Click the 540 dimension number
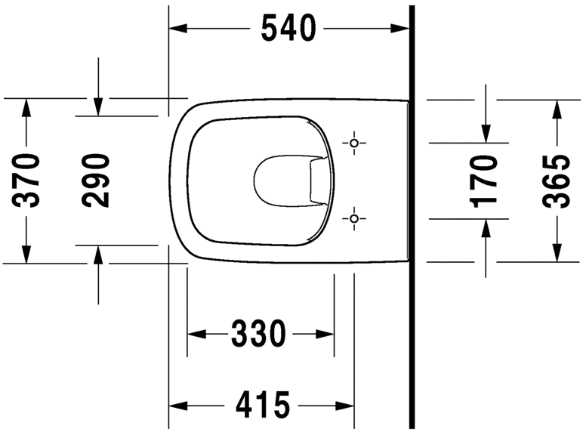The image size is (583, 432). click(x=288, y=29)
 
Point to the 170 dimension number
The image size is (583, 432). click(x=484, y=180)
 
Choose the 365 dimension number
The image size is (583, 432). click(x=557, y=180)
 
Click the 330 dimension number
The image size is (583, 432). click(x=259, y=333)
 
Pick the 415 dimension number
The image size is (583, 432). click(x=262, y=406)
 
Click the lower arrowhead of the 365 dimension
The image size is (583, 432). click(x=557, y=253)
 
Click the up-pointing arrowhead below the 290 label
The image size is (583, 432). click(x=97, y=254)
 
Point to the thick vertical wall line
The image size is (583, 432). click(x=412, y=227)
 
